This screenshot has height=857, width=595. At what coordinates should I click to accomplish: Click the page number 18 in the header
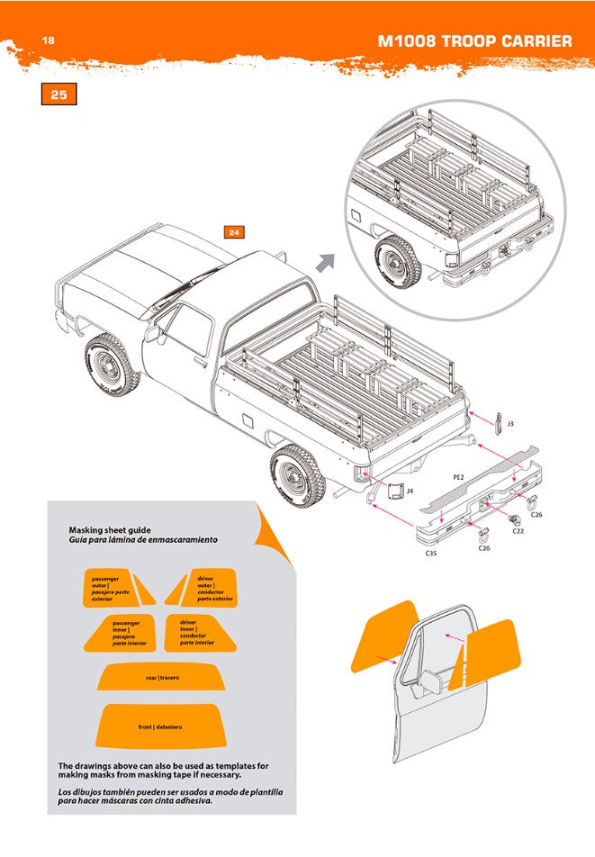pyautogui.click(x=49, y=41)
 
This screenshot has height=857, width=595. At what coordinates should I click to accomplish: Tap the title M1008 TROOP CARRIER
pyautogui.click(x=474, y=41)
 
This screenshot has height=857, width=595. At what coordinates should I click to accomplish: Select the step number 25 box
pyautogui.click(x=59, y=95)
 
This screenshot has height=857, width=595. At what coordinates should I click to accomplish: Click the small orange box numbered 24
pyautogui.click(x=234, y=232)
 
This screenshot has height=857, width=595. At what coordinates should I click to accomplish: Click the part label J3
pyautogui.click(x=509, y=422)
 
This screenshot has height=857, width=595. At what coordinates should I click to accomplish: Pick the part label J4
pyautogui.click(x=410, y=491)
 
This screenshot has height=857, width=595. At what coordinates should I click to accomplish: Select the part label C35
pyautogui.click(x=431, y=554)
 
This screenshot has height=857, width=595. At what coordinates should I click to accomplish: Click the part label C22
pyautogui.click(x=518, y=531)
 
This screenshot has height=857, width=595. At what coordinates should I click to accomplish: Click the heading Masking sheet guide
pyautogui.click(x=110, y=530)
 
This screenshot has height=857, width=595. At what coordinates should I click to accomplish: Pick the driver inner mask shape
pyautogui.click(x=201, y=632)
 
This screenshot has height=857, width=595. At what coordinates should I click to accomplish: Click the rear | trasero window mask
pyautogui.click(x=162, y=677)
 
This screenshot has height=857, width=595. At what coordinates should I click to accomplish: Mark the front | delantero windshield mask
pyautogui.click(x=161, y=726)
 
